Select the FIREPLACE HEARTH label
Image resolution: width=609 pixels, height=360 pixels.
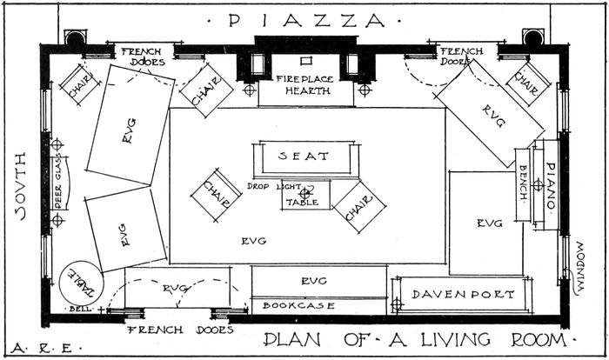[304, 85]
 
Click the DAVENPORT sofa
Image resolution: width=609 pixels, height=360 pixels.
[462, 295]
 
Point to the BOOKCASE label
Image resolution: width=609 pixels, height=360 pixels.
[298, 305]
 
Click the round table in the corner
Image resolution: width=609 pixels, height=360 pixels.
[81, 283]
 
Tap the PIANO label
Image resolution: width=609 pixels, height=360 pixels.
[551, 185]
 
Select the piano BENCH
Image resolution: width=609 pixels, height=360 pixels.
[523, 185]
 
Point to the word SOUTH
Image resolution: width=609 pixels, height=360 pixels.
[21, 186]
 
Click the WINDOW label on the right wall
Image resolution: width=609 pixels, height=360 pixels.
[579, 268]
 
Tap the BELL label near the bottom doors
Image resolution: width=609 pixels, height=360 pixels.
[80, 309]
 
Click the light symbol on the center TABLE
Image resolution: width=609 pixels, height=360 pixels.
[304, 193]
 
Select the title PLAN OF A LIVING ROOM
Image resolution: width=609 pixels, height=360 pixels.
[415, 340]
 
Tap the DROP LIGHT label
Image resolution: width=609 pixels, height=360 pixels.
[274, 186]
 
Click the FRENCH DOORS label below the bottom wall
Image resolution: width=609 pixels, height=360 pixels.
[181, 330]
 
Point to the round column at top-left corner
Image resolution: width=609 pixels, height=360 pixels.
[75, 38]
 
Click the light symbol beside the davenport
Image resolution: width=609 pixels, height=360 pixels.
[397, 304]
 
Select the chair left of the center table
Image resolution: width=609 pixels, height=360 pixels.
[217, 195]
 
